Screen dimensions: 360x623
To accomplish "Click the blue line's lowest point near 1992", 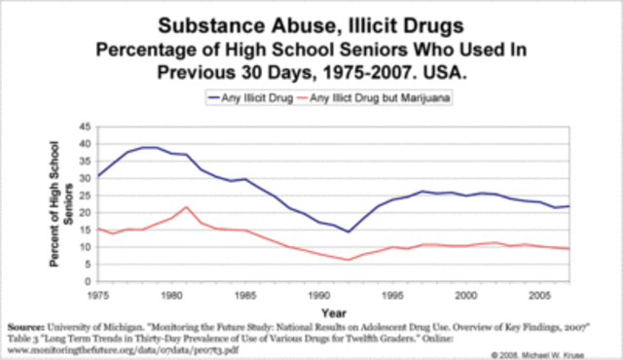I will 348,232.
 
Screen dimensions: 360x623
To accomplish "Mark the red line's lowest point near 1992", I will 348,260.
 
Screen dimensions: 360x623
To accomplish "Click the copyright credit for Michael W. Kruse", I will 555,355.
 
